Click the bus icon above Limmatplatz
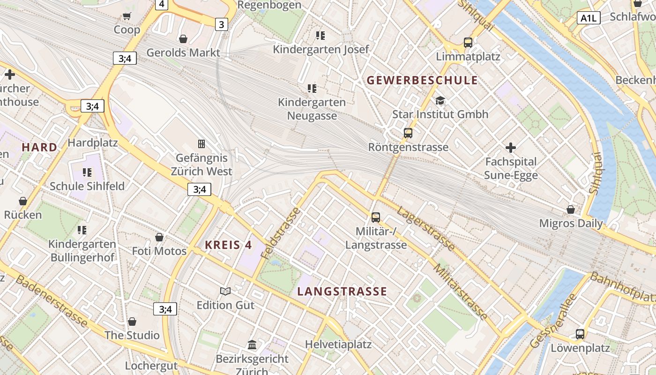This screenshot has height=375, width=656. point(468,43)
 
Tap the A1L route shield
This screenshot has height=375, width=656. point(589,18)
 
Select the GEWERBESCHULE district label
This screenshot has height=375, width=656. point(422,80)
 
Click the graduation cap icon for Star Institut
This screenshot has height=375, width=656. point(440,100)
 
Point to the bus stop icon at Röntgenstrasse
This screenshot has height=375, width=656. point(408,133)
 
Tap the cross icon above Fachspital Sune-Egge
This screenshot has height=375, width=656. point(511,148)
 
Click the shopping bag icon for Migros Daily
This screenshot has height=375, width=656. point(571,210)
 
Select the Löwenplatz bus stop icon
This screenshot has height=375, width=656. point(580,334)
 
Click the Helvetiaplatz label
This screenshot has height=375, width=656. point(338,345)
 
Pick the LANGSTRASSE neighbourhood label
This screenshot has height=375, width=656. point(342,292)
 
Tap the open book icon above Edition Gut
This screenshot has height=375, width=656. point(225,291)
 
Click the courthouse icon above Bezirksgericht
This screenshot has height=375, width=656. point(252,345)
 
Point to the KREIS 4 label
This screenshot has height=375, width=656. point(228,245)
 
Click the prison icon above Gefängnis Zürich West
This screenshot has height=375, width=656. point(201,143)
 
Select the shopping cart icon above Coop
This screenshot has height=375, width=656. point(127,16)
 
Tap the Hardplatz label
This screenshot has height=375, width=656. point(93,142)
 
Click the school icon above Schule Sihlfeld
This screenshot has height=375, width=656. point(87,172)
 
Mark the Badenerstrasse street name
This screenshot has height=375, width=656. point(52,301)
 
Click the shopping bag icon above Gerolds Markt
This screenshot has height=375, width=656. point(183,38)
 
